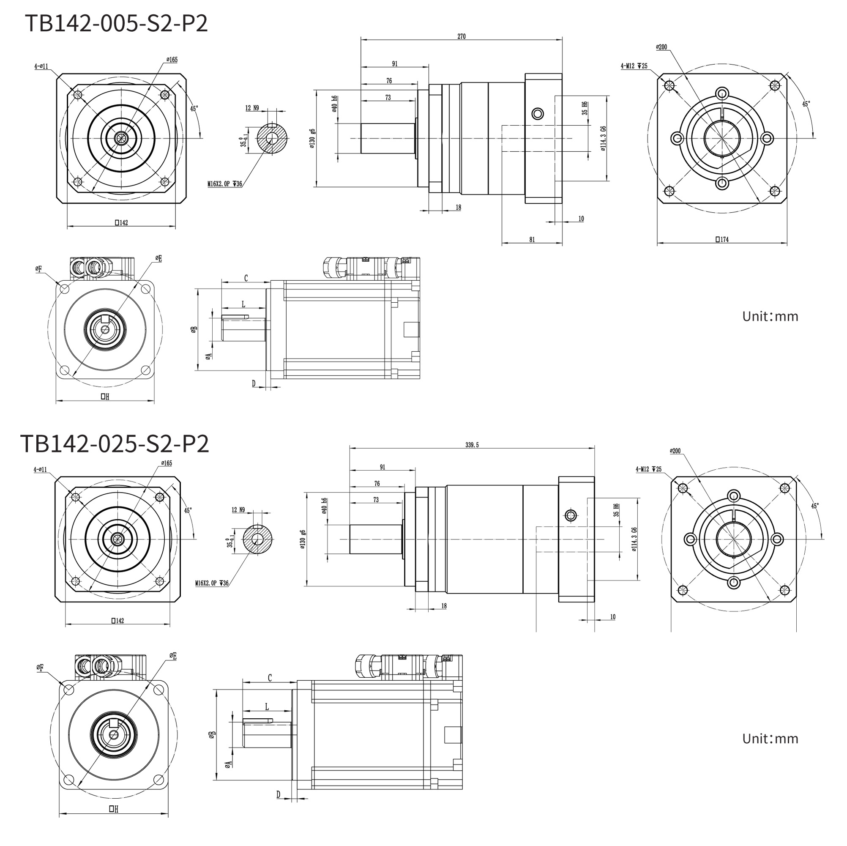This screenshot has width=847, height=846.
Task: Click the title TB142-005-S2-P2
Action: (116, 23)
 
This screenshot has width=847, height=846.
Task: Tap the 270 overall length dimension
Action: (461, 36)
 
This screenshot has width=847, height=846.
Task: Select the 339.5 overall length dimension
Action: (472, 445)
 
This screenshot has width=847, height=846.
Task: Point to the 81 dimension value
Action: (532, 239)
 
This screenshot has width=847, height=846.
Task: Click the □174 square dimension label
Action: (721, 239)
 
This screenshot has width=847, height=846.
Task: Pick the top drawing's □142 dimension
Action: (121, 223)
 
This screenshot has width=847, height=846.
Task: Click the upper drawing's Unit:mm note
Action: (770, 316)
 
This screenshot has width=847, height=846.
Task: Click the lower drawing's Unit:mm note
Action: (770, 739)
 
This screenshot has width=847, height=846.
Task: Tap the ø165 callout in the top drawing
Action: (172, 60)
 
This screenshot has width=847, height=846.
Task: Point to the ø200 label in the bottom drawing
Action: (675, 451)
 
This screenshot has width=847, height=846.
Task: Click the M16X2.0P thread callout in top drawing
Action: (224, 184)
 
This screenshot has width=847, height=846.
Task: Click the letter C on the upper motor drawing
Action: (246, 278)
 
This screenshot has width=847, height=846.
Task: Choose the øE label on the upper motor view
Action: (158, 258)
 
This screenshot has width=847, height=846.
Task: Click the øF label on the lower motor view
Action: (40, 668)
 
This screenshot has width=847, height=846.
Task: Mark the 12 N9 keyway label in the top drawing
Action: (251, 108)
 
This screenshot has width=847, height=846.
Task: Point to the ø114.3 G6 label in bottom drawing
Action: (634, 539)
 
